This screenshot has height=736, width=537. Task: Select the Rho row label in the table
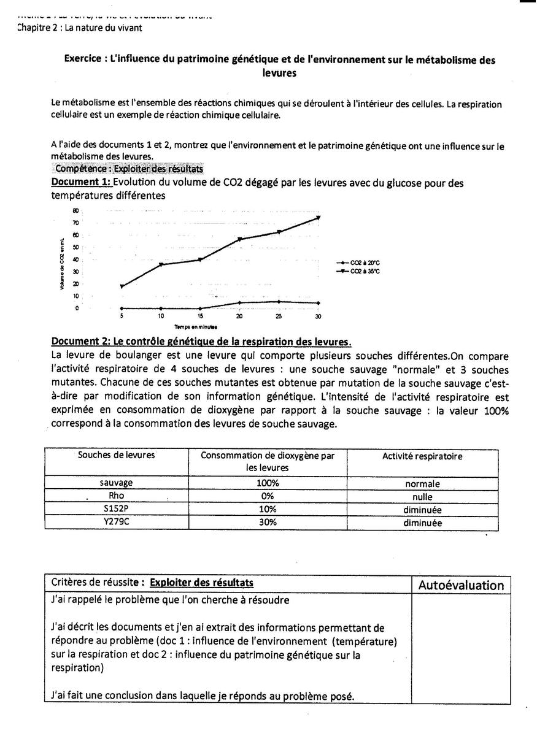click(x=116, y=496)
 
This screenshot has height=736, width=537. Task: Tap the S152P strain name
click(x=116, y=510)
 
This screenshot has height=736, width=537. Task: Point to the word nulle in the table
click(x=422, y=497)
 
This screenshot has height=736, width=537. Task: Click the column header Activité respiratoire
click(x=422, y=456)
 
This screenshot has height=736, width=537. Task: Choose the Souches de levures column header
click(x=116, y=455)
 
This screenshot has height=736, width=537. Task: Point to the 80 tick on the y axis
click(x=75, y=210)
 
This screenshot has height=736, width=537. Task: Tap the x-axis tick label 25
click(x=279, y=316)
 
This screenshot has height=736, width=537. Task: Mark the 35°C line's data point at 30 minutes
click(x=318, y=217)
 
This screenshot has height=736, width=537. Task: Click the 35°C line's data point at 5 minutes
click(x=122, y=286)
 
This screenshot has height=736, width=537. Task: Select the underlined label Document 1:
click(x=82, y=183)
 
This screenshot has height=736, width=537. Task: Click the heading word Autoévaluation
click(x=461, y=585)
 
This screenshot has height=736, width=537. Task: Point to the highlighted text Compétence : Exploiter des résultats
click(x=129, y=169)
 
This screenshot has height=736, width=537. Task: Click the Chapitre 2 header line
click(x=80, y=28)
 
